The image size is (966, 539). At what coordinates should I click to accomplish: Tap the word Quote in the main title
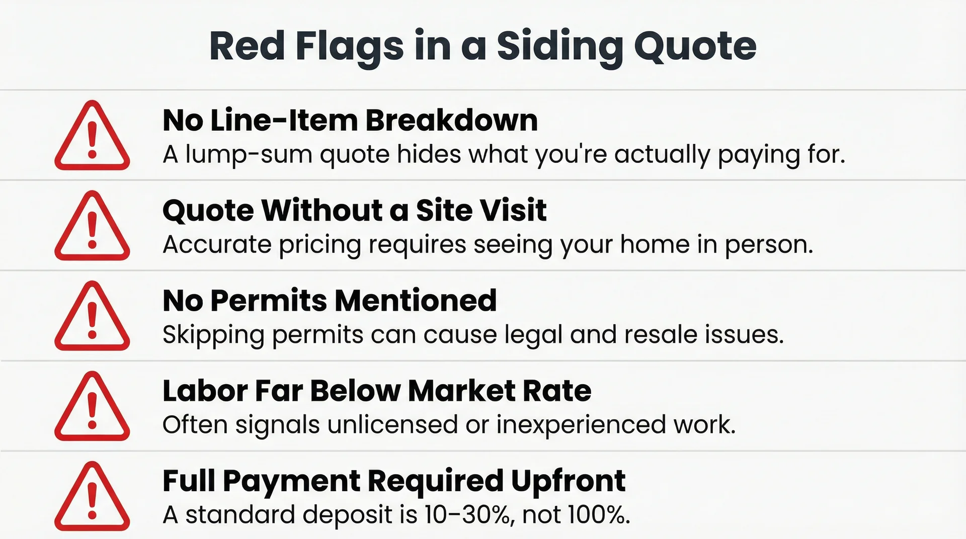click(695, 46)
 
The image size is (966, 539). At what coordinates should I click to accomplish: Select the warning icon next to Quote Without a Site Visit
click(92, 227)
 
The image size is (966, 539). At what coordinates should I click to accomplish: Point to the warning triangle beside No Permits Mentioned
click(92, 317)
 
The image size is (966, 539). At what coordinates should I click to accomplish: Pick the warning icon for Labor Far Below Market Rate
click(92, 407)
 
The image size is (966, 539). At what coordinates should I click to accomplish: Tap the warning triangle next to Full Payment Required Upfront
click(92, 497)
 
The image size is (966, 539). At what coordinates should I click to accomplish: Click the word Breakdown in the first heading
click(451, 121)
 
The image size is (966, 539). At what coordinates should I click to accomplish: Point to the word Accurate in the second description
click(217, 244)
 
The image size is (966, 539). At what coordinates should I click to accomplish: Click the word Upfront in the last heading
click(568, 481)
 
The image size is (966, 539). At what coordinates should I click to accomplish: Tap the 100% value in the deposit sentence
click(598, 514)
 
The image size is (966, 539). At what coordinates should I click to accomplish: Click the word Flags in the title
click(349, 46)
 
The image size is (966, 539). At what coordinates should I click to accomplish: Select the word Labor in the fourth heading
click(205, 391)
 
